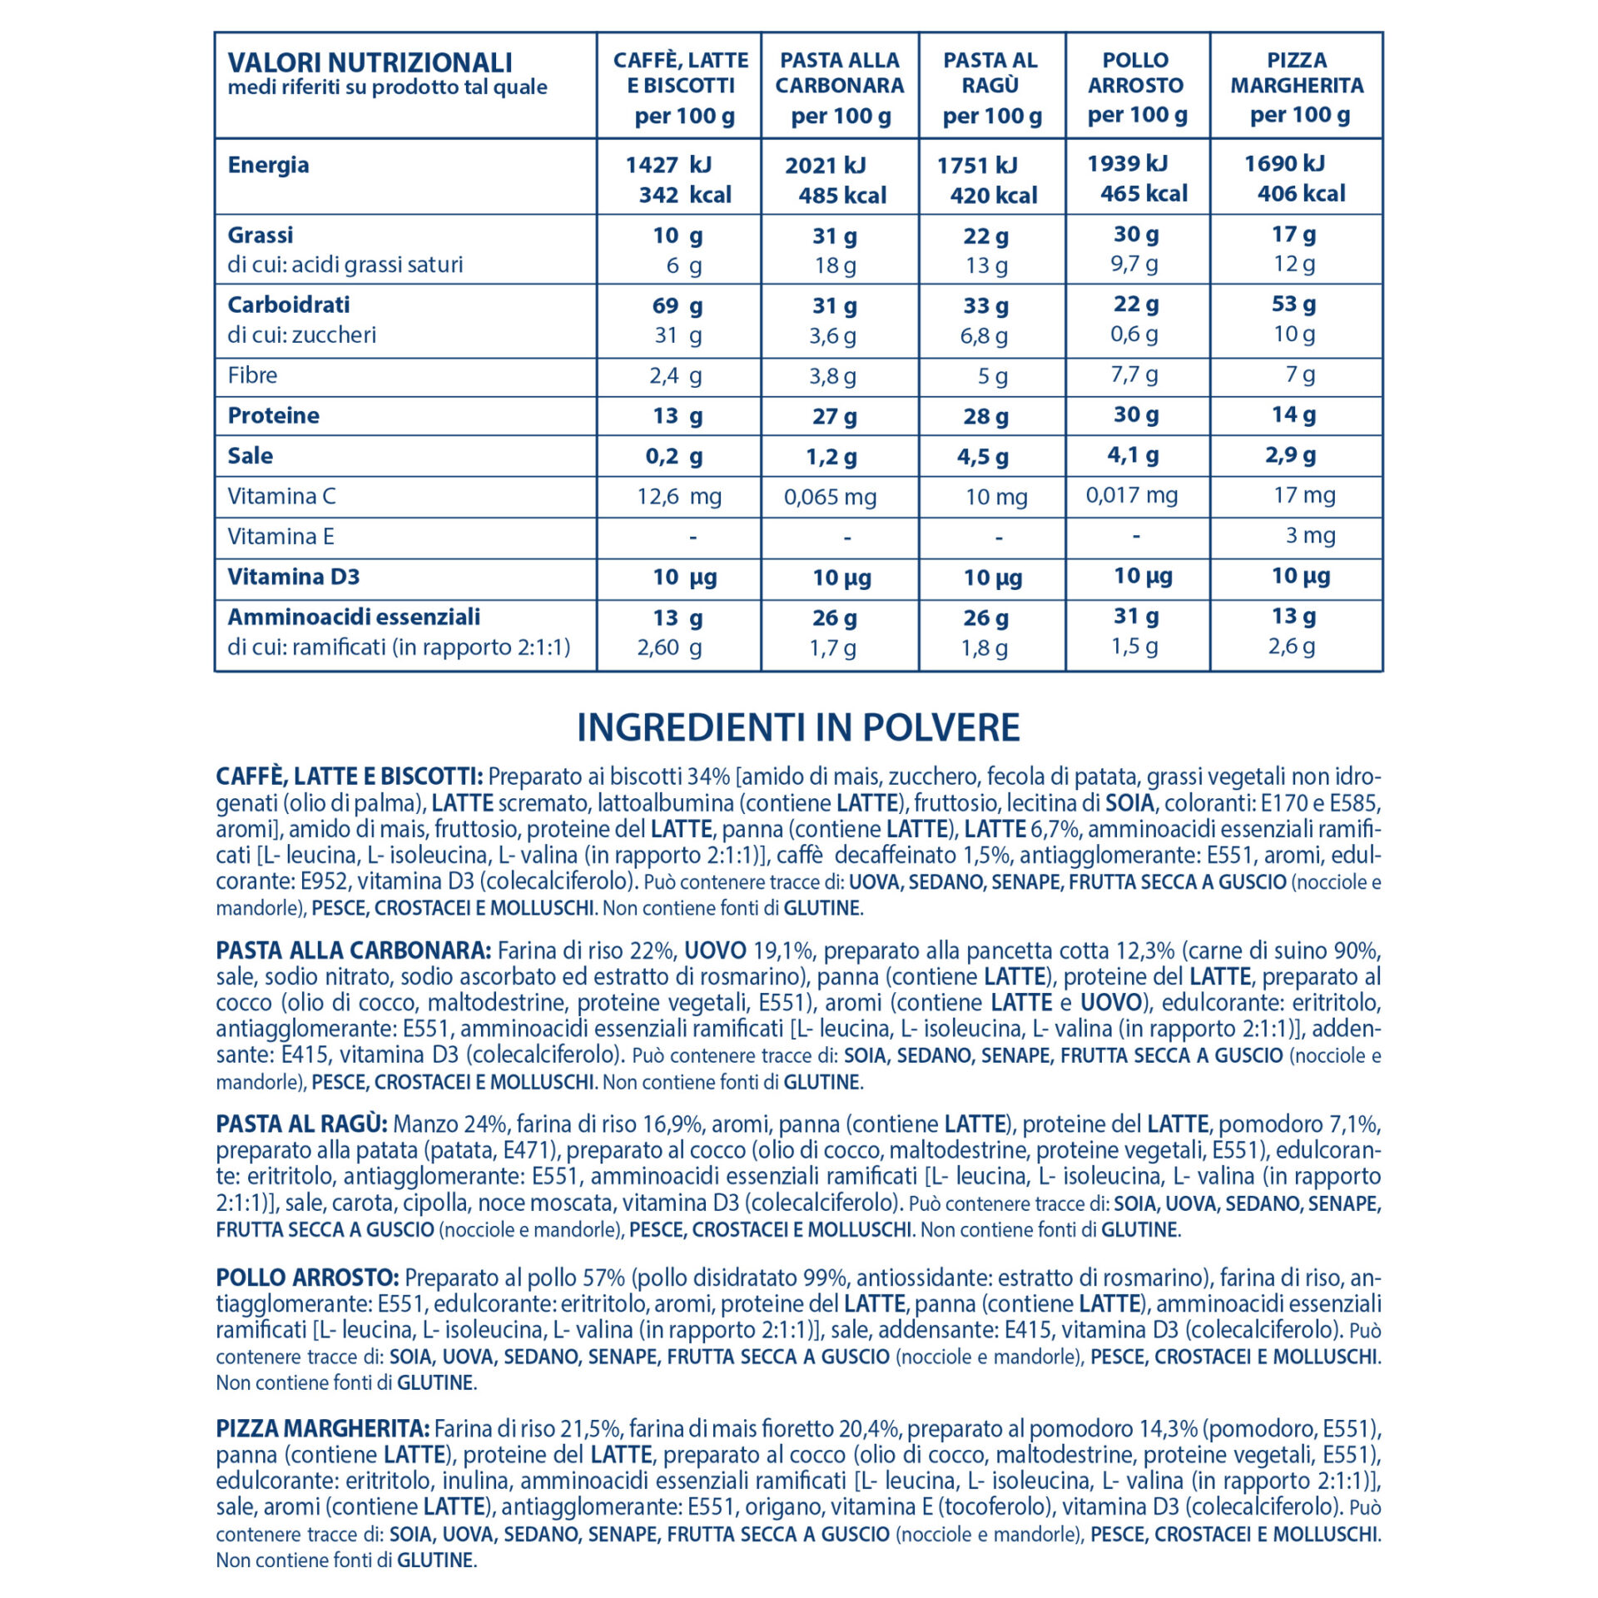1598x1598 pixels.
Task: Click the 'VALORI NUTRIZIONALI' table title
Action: tap(370, 63)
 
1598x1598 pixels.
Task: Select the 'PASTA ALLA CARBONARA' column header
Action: tap(840, 73)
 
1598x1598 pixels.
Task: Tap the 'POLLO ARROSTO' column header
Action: tap(1136, 73)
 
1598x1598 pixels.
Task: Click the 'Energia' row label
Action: tap(268, 165)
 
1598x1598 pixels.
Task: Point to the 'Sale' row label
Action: tap(250, 456)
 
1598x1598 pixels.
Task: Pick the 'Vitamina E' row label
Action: tap(280, 537)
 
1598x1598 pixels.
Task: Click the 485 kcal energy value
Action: tap(842, 196)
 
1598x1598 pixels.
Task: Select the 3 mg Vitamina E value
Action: tap(1310, 535)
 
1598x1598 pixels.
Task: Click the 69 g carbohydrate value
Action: tap(677, 305)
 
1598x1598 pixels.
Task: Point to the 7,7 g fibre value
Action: tap(1134, 375)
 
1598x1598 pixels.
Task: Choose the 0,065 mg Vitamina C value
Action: tap(830, 498)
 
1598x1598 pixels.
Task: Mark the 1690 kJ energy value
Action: tap(1284, 164)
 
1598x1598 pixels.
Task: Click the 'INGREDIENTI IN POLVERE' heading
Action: tap(798, 727)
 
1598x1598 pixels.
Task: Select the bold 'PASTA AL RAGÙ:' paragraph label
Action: tap(301, 1124)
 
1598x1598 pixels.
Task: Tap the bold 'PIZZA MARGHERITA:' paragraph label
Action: tap(322, 1429)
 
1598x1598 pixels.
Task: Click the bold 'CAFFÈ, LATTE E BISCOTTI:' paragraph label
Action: tap(349, 777)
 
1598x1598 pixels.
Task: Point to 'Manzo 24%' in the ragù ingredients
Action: tap(449, 1124)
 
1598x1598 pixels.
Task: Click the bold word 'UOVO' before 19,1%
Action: tap(715, 950)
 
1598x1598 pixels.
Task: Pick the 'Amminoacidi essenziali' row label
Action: tap(354, 617)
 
